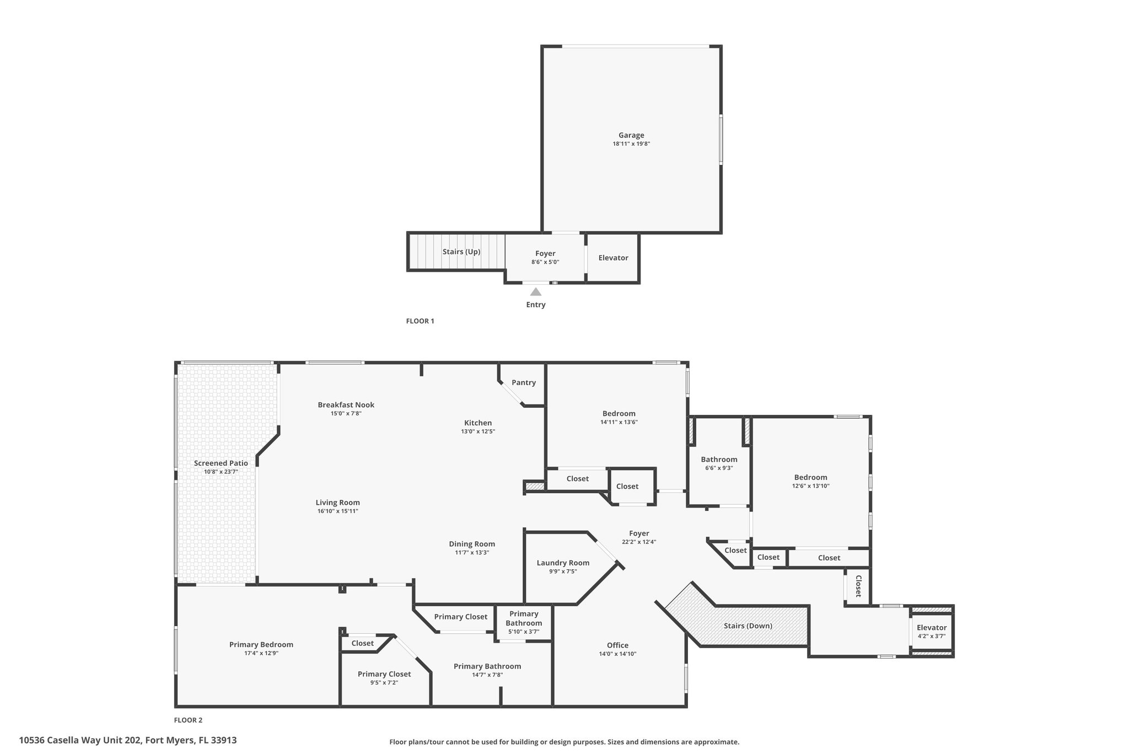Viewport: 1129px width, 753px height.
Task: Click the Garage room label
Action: (631, 135)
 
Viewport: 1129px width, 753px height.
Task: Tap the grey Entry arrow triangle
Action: (536, 292)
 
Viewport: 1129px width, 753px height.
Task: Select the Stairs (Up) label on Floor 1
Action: (461, 252)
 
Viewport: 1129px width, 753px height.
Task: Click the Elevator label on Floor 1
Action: (613, 258)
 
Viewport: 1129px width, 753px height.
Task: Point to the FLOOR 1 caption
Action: (420, 321)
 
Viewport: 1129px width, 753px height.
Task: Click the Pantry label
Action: (524, 382)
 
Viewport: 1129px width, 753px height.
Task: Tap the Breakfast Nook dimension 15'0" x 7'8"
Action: (346, 413)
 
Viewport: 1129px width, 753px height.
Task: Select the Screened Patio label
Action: (221, 463)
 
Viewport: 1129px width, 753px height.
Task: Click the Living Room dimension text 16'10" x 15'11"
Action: (338, 511)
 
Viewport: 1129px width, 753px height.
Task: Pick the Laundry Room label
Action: (563, 563)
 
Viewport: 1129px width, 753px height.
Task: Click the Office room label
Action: (617, 645)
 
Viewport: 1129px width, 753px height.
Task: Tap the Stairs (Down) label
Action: (748, 626)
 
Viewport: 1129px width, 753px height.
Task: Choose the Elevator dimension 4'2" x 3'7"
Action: (932, 636)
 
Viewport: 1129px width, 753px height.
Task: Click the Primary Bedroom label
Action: (261, 644)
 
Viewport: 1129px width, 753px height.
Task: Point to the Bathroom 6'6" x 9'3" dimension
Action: (719, 468)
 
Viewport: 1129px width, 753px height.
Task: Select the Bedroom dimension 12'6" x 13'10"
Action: (811, 486)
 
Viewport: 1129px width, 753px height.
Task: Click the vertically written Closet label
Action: (858, 586)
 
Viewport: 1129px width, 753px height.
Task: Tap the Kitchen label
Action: (478, 423)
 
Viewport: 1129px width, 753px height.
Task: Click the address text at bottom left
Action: (128, 740)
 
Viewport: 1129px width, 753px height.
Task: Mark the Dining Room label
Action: (472, 544)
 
